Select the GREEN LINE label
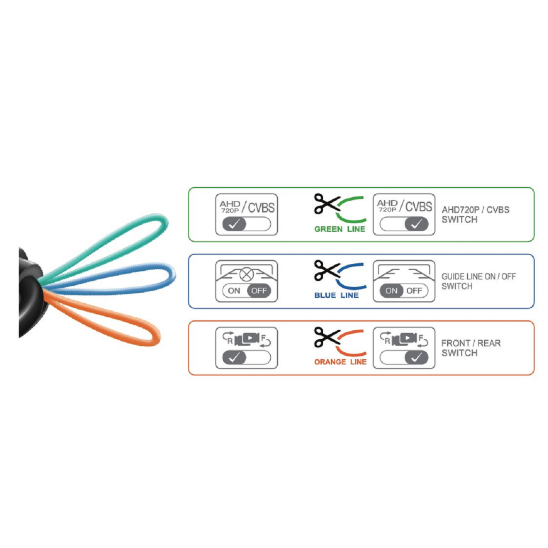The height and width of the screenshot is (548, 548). (x=340, y=229)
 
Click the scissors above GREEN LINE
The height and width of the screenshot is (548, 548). (x=326, y=204)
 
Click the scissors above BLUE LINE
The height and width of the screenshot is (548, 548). (x=326, y=270)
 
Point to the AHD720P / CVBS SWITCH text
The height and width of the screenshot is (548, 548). (x=475, y=214)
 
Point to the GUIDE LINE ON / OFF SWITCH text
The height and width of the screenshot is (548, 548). (x=478, y=281)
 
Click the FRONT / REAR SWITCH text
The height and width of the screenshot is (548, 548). (x=471, y=348)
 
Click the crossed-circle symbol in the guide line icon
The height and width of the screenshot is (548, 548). (x=246, y=275)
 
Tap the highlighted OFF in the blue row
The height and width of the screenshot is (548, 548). (x=259, y=291)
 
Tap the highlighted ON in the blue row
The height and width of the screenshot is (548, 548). (x=392, y=291)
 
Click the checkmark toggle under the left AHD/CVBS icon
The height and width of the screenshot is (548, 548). (x=234, y=224)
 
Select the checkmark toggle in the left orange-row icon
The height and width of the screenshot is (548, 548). (x=234, y=358)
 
